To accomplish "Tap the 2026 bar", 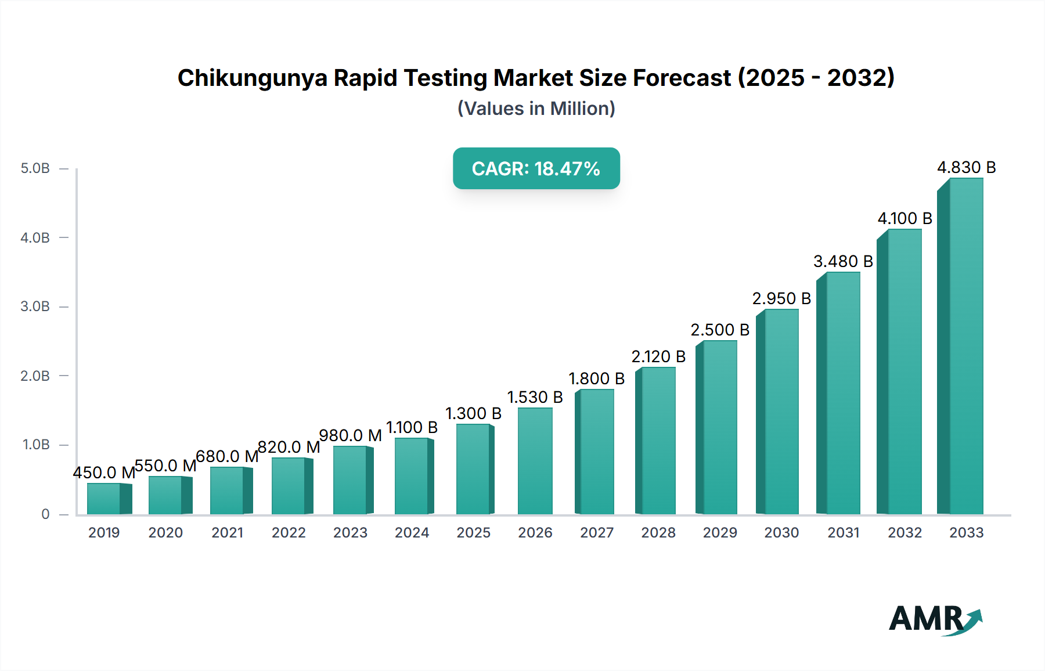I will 535,461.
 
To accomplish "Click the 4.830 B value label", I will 966,168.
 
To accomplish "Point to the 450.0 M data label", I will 104,473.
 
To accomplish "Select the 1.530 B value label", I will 535,398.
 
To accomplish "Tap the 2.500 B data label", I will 720,330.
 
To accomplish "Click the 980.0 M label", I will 350,436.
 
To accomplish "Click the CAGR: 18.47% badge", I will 536,169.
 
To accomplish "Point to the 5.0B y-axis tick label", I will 35,169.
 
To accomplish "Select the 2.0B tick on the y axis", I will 35,376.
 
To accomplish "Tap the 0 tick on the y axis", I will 45,514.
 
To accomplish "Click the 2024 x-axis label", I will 412,533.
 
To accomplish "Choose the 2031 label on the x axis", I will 843,533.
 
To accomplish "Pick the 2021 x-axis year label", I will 227,533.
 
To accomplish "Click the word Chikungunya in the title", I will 252,78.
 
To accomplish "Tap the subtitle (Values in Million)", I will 536,109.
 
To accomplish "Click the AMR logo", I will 935,619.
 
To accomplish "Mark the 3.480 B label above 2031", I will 843,262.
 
